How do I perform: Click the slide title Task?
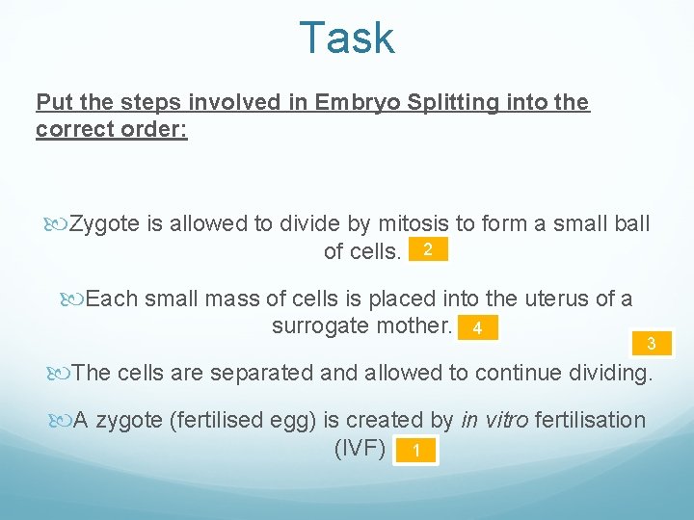(347, 39)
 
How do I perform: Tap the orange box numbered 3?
(652, 344)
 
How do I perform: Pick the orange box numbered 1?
(414, 451)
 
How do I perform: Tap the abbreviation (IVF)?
(360, 448)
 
